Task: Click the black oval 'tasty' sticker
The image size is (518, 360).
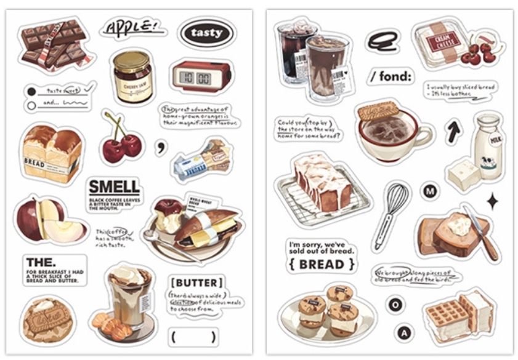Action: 206,33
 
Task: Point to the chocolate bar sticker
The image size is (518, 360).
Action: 54,44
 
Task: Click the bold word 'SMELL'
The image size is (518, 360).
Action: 114,187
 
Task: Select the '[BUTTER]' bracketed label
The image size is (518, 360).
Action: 196,283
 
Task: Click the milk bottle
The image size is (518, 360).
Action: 488,144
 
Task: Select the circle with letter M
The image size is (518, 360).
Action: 430,191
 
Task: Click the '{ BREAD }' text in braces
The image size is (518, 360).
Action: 321,264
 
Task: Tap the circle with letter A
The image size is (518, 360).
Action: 404,333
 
